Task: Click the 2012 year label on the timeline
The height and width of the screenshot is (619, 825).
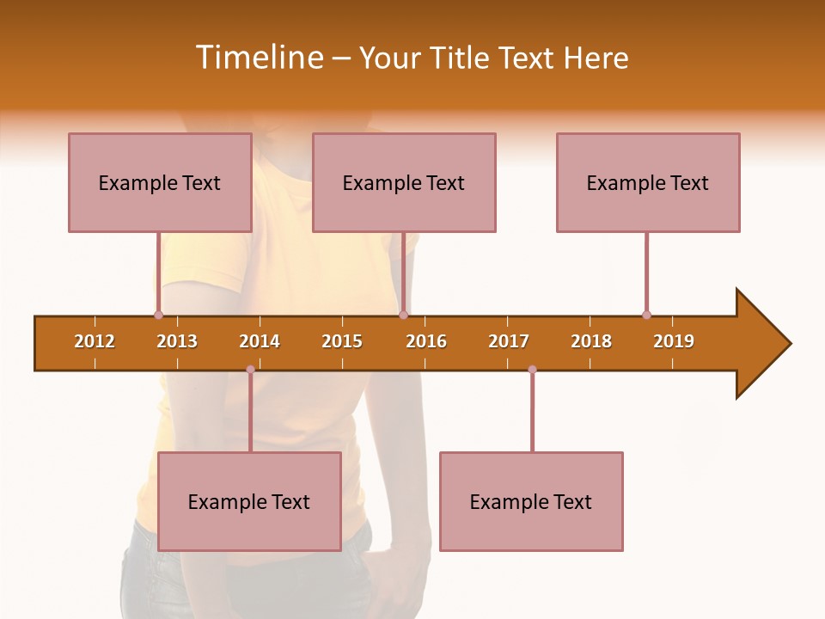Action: [x=95, y=341]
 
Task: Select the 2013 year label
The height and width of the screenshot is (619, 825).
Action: [x=177, y=341]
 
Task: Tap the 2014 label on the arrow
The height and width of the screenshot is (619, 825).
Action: [x=260, y=341]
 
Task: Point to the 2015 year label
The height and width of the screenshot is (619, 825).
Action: [x=342, y=341]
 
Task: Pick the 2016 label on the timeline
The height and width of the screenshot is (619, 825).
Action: [x=426, y=341]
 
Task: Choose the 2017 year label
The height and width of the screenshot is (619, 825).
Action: [x=509, y=341]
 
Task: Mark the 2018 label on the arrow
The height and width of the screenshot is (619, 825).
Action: [x=591, y=341]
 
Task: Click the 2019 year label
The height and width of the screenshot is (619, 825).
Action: [x=674, y=341]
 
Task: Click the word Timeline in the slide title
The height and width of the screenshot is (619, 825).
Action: [x=260, y=58]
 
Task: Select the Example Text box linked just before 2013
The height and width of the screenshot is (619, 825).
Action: [x=160, y=182]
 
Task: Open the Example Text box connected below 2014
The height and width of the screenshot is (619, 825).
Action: [x=249, y=501]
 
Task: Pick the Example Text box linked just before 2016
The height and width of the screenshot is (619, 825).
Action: [x=404, y=182]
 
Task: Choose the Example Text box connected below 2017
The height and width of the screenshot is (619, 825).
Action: [x=531, y=501]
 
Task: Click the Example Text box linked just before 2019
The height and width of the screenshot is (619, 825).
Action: [x=648, y=182]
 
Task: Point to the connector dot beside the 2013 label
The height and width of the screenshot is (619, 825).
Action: [x=158, y=316]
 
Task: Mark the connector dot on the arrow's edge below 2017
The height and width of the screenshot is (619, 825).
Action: [x=532, y=370]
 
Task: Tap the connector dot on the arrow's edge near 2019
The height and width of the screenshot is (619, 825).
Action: [x=646, y=316]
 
